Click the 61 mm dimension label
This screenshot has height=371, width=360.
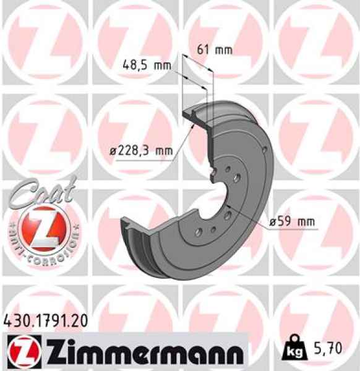214,49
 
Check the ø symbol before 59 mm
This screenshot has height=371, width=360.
273,221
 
